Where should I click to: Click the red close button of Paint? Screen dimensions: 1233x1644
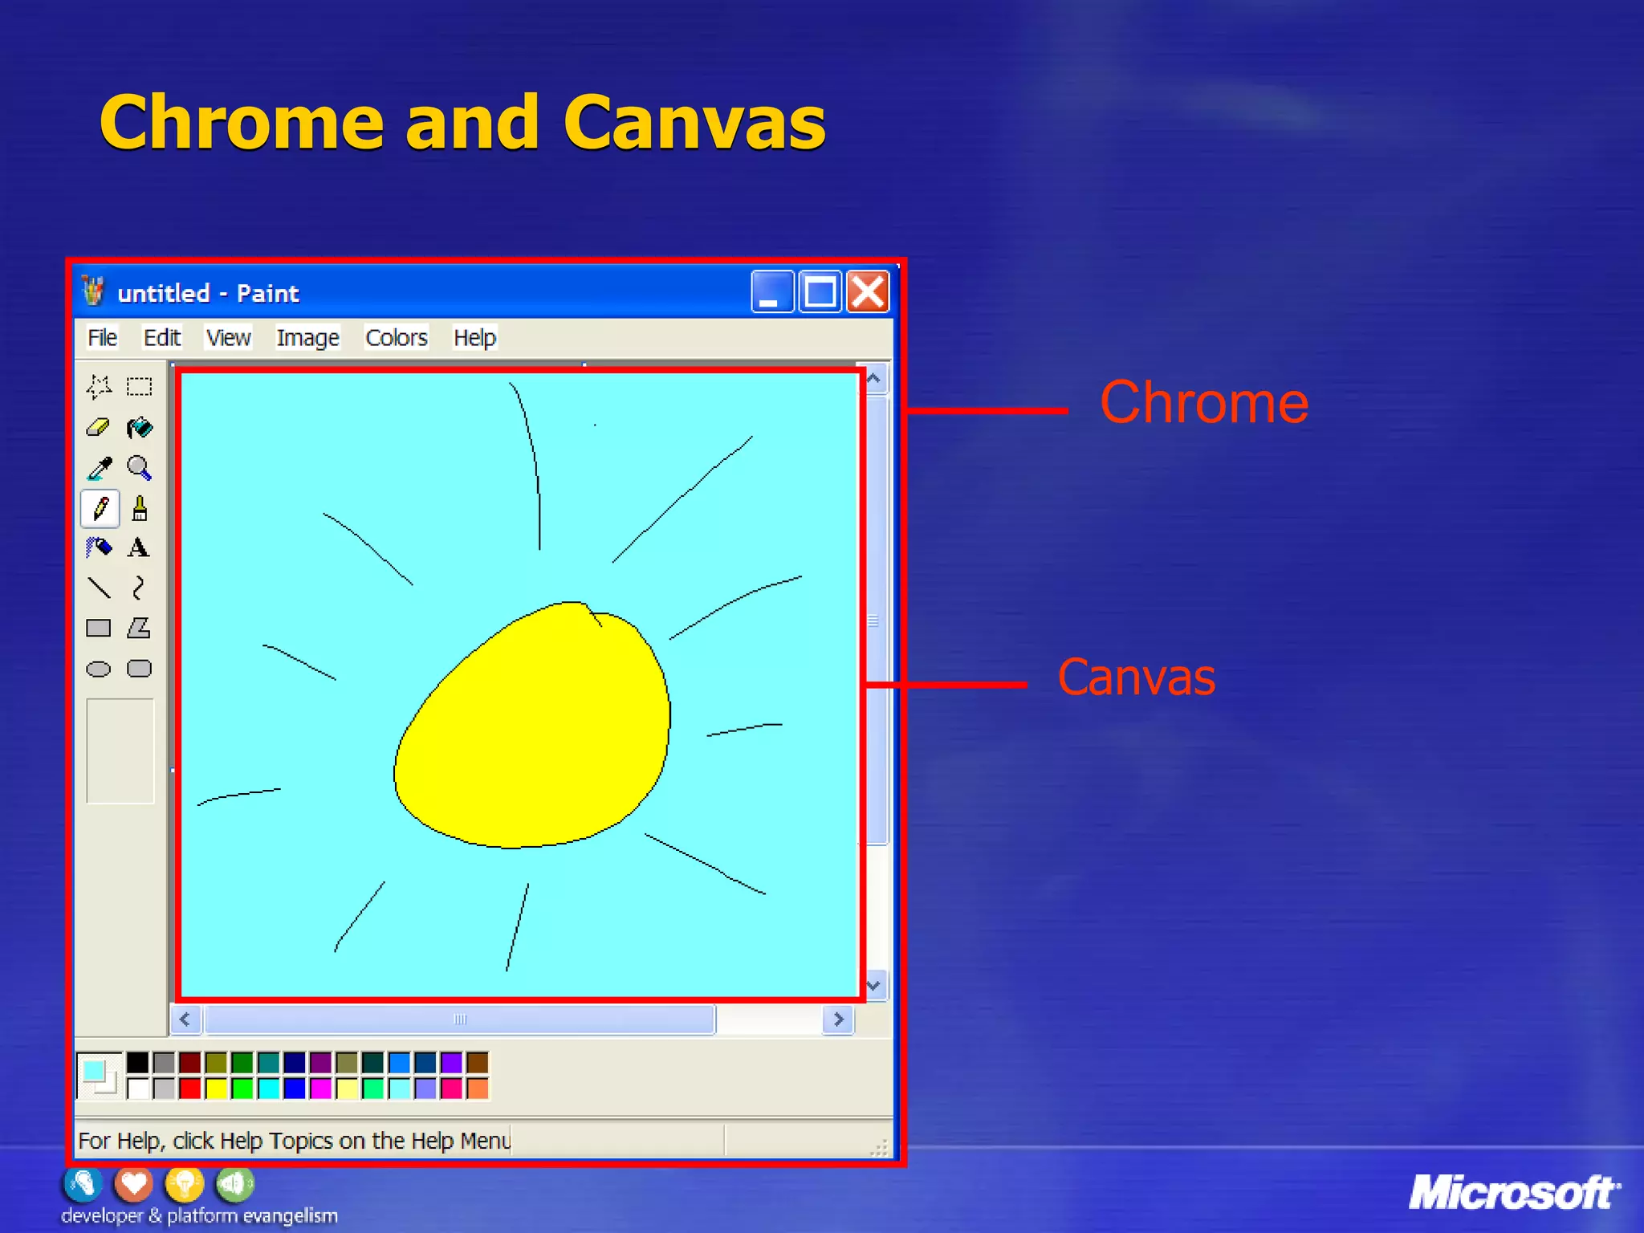(x=869, y=291)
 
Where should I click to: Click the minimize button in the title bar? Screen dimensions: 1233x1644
(x=771, y=291)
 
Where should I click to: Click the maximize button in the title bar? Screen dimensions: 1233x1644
(x=820, y=291)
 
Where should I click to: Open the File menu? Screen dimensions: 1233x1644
(x=102, y=338)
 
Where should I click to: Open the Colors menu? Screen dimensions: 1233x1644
(x=396, y=338)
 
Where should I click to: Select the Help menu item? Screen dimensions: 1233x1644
(x=474, y=338)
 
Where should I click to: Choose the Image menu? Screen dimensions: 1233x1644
(x=307, y=338)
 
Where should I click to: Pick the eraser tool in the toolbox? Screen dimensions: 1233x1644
(x=98, y=427)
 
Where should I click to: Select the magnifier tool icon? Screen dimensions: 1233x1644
(x=139, y=467)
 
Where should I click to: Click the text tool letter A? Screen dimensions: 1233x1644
(x=138, y=548)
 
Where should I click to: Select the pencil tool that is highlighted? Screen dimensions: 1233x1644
(x=100, y=508)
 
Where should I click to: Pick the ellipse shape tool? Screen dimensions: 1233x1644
(x=98, y=669)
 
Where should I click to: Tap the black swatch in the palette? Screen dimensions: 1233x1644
(x=138, y=1063)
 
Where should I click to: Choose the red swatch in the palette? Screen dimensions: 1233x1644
(x=190, y=1089)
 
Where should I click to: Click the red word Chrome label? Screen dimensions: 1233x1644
(x=1204, y=403)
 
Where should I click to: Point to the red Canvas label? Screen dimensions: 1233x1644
(x=1136, y=678)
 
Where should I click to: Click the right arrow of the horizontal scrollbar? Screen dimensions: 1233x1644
(x=838, y=1019)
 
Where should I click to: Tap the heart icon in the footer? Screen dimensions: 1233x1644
(x=134, y=1183)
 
